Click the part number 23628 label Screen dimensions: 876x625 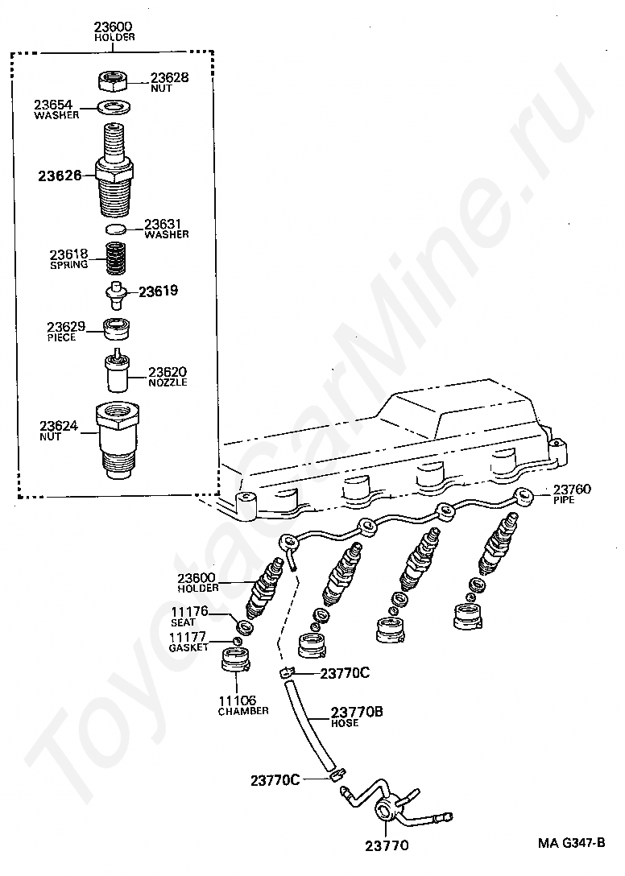point(169,78)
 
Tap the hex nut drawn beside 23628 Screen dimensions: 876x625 point(114,80)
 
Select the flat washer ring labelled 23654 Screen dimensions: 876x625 point(115,106)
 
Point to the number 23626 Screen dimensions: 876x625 point(60,174)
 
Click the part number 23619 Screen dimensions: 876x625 point(158,291)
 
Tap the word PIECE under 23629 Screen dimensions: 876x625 point(61,337)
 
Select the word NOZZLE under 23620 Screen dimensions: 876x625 point(168,382)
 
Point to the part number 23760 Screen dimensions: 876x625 point(572,490)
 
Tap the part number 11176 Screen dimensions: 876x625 point(189,612)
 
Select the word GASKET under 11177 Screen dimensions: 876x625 point(189,647)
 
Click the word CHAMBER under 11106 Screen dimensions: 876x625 point(242,712)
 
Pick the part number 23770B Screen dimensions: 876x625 point(357,713)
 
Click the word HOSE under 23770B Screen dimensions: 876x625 point(345,723)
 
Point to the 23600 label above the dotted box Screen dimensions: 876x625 point(114,27)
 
